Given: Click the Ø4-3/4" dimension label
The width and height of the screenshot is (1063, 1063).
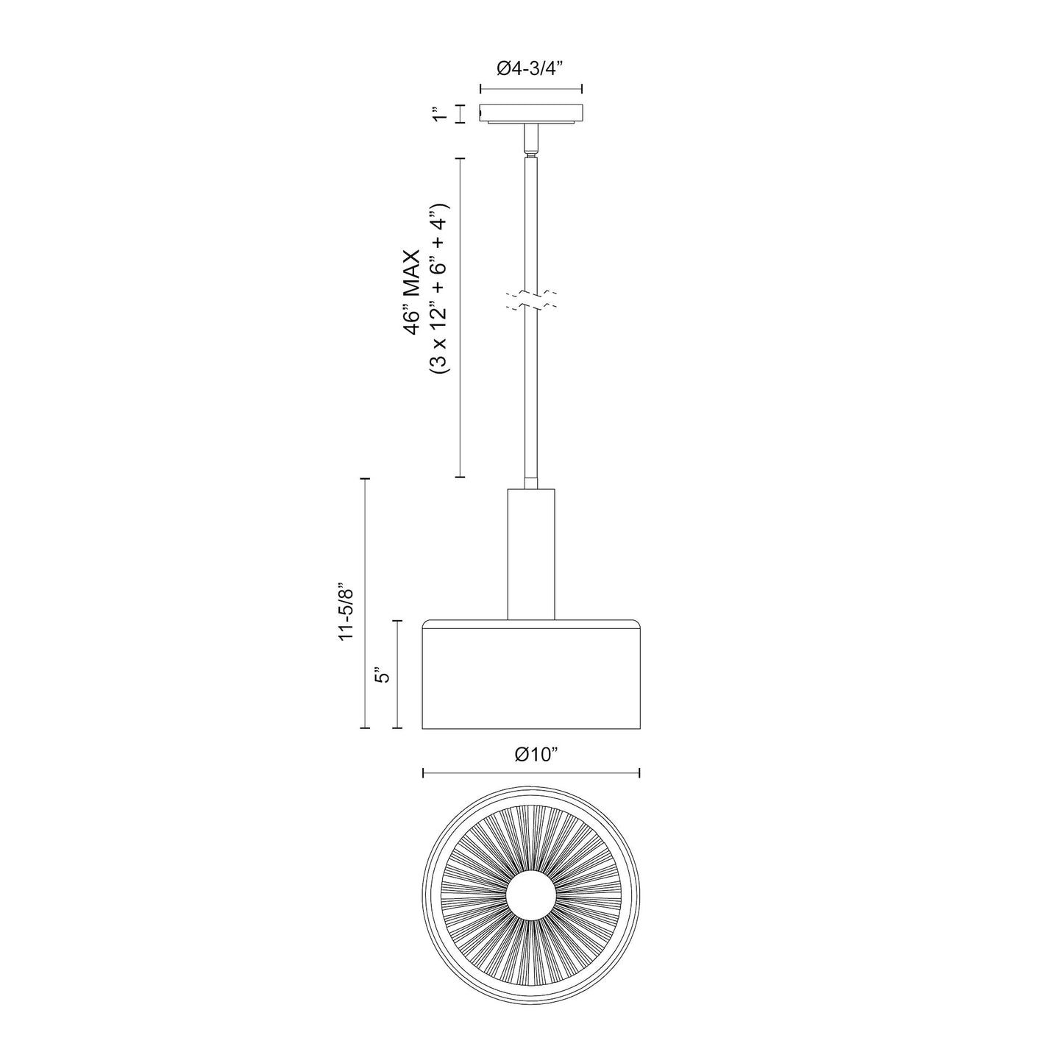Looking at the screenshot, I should point(530,68).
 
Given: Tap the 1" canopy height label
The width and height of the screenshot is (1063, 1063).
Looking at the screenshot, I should point(440,114).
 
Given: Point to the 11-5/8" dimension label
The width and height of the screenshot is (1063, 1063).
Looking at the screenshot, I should point(346,602).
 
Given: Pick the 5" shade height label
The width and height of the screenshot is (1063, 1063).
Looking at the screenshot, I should point(380,675).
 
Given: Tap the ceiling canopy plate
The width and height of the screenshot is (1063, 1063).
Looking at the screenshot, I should point(531,113).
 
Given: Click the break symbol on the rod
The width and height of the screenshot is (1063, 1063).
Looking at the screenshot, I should point(530,299).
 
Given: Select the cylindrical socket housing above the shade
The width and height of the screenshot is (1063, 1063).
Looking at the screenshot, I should point(531,552).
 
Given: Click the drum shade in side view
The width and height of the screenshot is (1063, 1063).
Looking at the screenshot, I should point(531,675).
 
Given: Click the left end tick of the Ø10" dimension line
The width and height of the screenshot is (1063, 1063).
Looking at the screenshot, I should point(423,772).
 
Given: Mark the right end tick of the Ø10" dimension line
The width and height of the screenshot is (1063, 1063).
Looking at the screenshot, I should point(639,772).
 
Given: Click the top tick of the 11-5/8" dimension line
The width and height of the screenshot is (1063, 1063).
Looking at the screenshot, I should point(364,478).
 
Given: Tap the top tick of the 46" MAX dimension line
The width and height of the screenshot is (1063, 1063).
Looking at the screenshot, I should point(461,159).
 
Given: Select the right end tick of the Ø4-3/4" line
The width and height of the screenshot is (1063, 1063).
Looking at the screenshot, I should point(582,89).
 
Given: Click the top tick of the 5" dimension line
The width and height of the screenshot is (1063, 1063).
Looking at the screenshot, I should point(398,622).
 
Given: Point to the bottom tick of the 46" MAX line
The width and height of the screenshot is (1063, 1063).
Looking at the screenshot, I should point(461,477).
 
